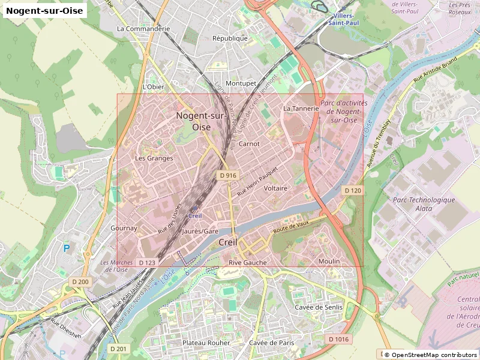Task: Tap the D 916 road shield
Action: pos(228,175)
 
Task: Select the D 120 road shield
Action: pos(353,190)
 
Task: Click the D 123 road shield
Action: pos(147,263)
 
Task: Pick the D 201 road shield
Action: pos(119,349)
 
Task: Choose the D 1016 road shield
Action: pos(338,340)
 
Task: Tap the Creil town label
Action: pos(229,242)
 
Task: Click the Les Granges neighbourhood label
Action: pos(154,158)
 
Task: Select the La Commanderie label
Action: pos(143,28)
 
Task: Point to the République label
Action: pos(230,38)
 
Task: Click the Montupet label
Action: pos(241,83)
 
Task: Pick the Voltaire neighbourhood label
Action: pos(276,188)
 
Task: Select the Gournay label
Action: pos(124,228)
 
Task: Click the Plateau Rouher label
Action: pos(206,343)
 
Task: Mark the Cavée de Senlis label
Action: pos(319,307)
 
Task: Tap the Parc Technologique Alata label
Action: pos(424,205)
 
